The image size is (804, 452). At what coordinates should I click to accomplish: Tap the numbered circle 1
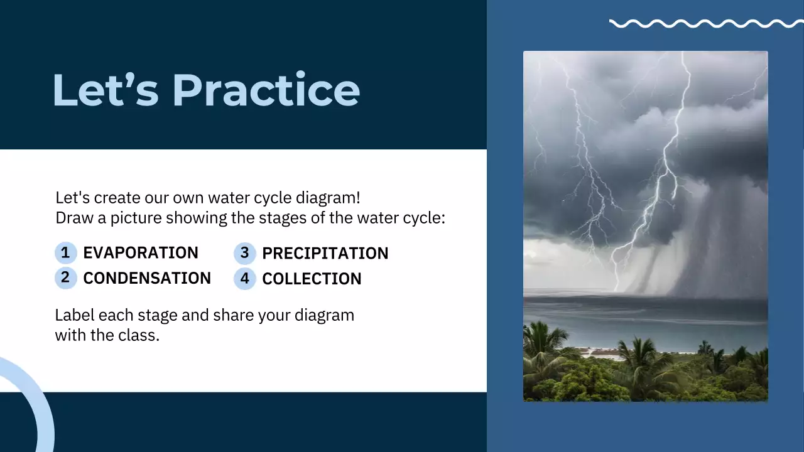[65, 253]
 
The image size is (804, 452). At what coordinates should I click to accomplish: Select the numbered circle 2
[65, 277]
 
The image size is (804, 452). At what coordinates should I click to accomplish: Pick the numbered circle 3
[244, 254]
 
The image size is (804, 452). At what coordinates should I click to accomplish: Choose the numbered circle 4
[244, 278]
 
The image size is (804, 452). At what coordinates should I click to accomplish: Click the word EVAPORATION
[141, 253]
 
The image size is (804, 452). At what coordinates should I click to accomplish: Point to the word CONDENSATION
[147, 278]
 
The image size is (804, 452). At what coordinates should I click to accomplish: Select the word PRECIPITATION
[325, 254]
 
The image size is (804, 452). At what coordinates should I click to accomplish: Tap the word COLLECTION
[312, 279]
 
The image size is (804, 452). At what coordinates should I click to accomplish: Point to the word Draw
[73, 218]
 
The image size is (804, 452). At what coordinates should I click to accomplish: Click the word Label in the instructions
[74, 315]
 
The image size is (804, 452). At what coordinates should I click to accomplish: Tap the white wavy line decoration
[706, 24]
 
